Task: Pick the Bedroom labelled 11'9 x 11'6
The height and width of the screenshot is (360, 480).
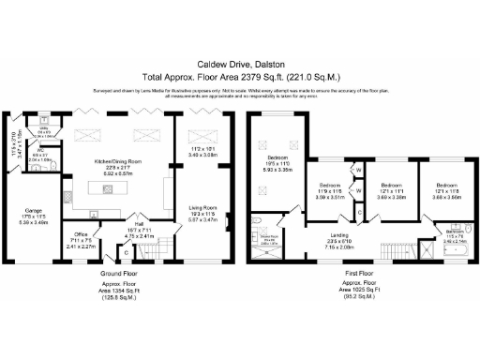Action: pyautogui.click(x=329, y=187)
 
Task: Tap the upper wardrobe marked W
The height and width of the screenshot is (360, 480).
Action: pyautogui.click(x=359, y=170)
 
